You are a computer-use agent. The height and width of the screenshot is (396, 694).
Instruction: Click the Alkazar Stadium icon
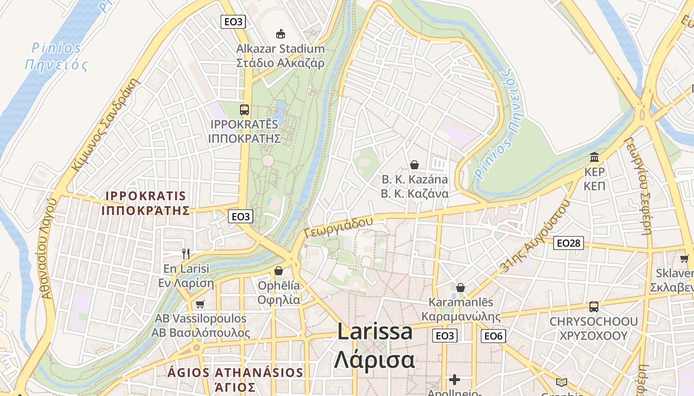point(281,34)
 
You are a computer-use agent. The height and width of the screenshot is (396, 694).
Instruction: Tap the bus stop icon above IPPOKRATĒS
point(244,110)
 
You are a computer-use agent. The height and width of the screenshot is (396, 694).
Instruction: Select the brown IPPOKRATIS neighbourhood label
point(146,203)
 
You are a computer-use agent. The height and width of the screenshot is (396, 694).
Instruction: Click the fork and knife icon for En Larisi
point(186,254)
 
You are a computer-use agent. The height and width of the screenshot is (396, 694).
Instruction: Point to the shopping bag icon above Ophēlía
point(279,271)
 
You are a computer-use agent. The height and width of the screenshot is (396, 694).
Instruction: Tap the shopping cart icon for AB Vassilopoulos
point(200,304)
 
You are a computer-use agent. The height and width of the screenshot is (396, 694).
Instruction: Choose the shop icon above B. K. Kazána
point(414,165)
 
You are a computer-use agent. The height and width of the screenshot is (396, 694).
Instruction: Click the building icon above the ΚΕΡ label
point(594,157)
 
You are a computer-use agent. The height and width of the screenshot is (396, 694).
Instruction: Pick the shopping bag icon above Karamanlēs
point(461,287)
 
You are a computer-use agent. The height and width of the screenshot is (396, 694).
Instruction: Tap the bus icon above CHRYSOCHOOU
point(594,307)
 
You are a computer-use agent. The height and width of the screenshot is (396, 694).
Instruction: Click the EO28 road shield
point(569,243)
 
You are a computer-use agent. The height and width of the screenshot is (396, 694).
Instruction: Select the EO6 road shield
point(493,336)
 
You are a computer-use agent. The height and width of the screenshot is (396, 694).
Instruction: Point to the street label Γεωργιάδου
point(339,227)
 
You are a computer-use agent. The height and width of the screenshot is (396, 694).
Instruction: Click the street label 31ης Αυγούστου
point(534,237)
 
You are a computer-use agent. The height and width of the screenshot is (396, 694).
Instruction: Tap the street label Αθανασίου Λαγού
point(45,247)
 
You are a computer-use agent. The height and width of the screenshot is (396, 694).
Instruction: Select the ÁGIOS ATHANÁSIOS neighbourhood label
point(235,373)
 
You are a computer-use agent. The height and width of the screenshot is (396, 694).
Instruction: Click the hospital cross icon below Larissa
point(455,380)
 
